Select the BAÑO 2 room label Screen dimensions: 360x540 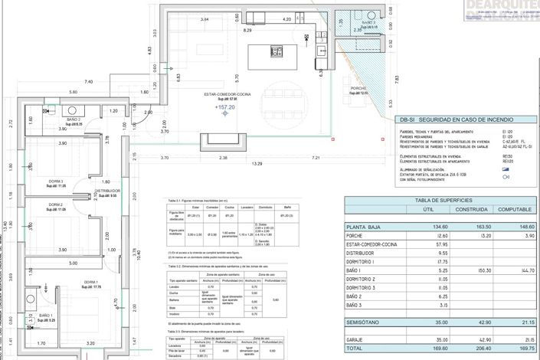[x=74, y=120]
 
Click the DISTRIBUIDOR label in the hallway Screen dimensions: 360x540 [x=108, y=191]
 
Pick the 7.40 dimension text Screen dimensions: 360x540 [x=89, y=81]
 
